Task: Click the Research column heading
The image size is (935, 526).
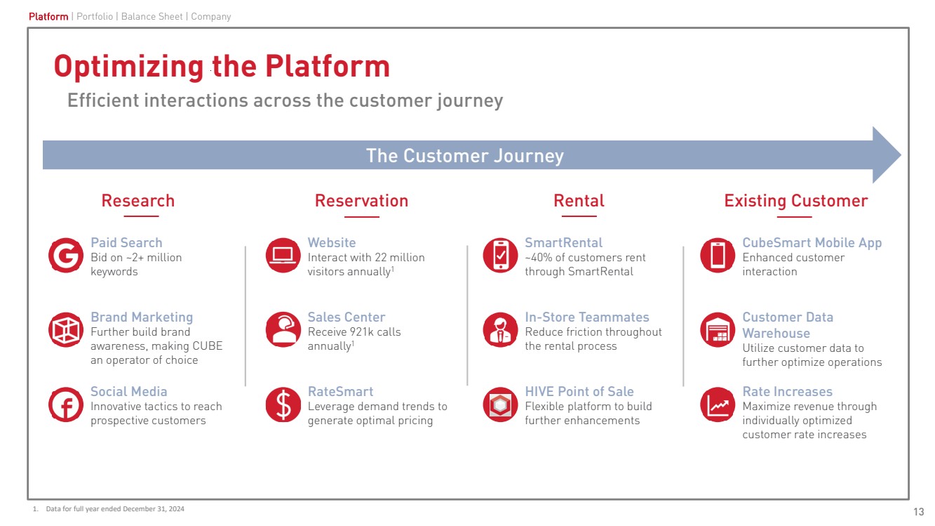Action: [137, 201]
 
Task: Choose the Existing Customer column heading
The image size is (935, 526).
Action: [795, 201]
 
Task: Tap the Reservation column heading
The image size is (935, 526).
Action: [361, 201]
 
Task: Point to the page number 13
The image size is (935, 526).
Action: [918, 511]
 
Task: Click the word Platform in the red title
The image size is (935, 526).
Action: [327, 67]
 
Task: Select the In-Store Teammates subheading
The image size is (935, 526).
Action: [586, 317]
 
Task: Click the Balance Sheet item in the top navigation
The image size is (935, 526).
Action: [152, 16]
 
